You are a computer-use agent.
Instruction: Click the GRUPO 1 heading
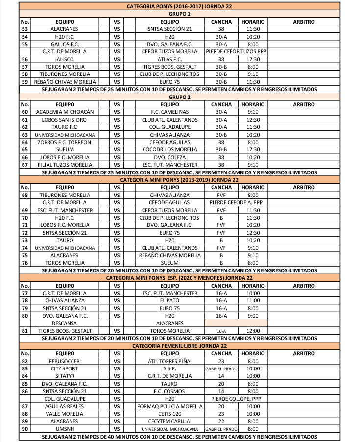click(179, 14)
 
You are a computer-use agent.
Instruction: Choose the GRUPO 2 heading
click(179, 97)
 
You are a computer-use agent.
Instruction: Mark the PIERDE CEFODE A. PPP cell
click(236, 202)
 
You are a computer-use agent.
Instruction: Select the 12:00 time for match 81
click(253, 331)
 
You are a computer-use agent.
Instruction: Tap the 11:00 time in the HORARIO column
click(253, 300)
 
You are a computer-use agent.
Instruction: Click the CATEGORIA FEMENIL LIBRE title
click(179, 345)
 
